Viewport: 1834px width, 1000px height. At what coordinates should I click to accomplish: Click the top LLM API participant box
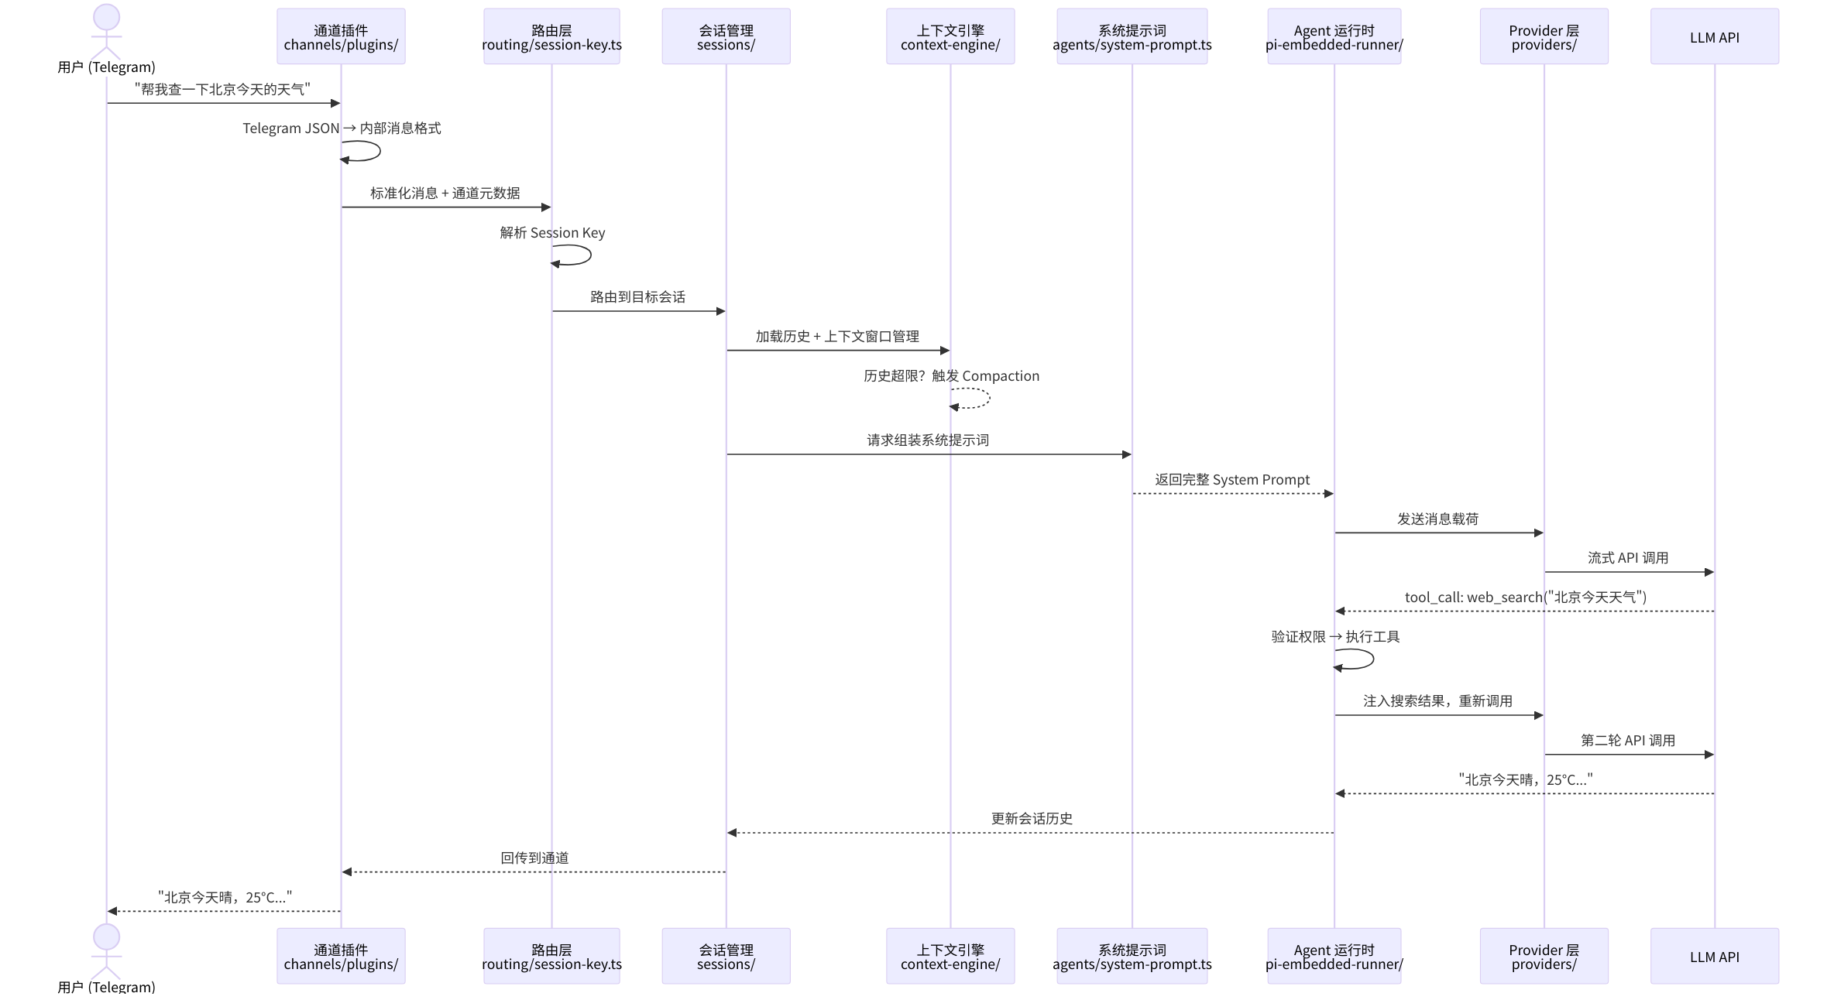(x=1714, y=36)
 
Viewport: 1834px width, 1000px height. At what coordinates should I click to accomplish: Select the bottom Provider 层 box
(x=1544, y=956)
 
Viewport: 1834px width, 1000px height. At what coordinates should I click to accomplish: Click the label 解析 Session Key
(x=552, y=233)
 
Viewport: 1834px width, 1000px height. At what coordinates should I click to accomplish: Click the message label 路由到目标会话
(x=637, y=297)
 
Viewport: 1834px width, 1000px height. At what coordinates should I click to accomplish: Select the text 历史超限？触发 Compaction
(x=951, y=376)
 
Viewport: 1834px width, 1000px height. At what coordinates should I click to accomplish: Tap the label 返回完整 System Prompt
(x=1231, y=480)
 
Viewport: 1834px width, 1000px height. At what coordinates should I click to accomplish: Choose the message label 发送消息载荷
(x=1437, y=519)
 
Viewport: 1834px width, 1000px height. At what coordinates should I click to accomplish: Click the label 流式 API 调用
(x=1628, y=558)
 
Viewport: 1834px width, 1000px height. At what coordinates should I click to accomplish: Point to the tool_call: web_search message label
(x=1525, y=598)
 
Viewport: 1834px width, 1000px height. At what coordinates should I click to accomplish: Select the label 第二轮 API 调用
(x=1628, y=741)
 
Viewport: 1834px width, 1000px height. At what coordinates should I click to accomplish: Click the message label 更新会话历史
(x=1032, y=819)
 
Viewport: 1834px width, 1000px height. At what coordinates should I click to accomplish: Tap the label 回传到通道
(x=534, y=858)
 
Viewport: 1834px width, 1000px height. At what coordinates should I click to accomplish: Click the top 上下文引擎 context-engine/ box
(x=950, y=36)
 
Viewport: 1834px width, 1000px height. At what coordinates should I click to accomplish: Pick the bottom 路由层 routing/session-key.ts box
(x=551, y=956)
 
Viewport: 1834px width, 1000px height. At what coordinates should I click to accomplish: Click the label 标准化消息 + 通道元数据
(x=445, y=193)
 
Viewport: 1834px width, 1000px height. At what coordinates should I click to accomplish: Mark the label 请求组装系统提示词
(x=927, y=440)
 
